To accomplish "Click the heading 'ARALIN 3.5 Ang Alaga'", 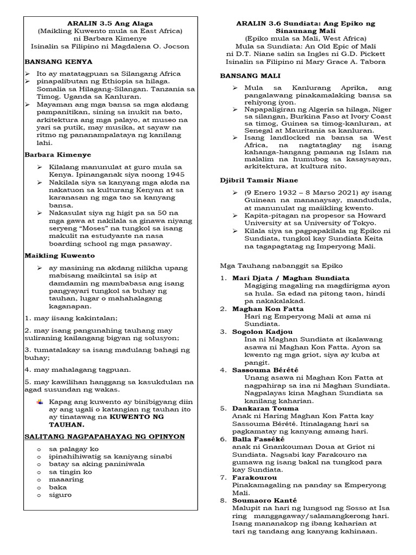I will pos(110,23).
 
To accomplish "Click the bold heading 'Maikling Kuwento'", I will pos(60,255).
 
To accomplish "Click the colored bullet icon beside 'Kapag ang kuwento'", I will pos(40,402).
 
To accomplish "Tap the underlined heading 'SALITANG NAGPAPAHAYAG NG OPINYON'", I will pos(105,436).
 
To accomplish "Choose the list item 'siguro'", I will pos(60,494).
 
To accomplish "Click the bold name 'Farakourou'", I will pos(255,477).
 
